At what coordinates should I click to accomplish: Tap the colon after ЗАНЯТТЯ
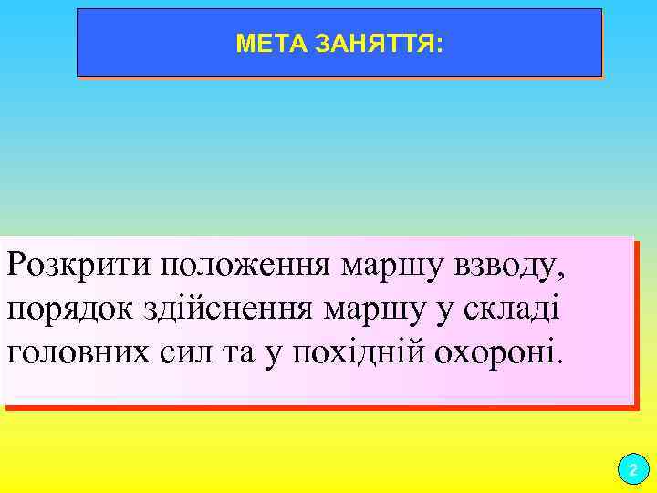point(440,44)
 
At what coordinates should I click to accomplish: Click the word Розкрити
point(78,266)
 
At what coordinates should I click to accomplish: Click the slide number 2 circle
point(631,471)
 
